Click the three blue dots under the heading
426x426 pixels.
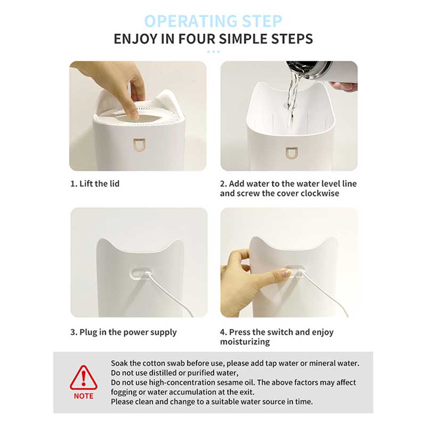click(x=214, y=52)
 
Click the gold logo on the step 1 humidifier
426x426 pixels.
click(x=139, y=145)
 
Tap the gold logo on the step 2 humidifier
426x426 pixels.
click(x=291, y=153)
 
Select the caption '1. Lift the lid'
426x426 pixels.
click(x=95, y=184)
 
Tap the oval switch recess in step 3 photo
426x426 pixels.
click(x=141, y=273)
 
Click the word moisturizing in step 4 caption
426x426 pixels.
click(x=245, y=341)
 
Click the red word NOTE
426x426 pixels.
click(x=84, y=396)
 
